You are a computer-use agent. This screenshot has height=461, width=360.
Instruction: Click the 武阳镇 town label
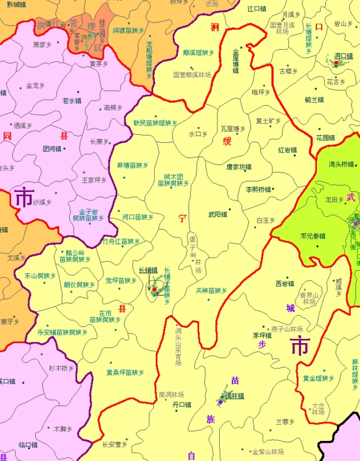tap(217, 214)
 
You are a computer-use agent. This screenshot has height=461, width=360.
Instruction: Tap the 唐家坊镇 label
tap(239, 166)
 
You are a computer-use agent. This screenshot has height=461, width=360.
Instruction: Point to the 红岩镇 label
tap(287, 150)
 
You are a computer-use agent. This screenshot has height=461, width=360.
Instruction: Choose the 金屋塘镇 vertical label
tap(236, 61)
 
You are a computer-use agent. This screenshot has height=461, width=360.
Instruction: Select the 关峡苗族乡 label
tap(211, 291)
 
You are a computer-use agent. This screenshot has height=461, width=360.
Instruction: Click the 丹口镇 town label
tap(182, 404)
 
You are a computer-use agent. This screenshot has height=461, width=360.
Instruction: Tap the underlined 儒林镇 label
tap(234, 396)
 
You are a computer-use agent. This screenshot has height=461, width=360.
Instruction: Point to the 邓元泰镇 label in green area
tap(313, 236)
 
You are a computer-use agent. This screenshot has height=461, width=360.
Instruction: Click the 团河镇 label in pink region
tap(52, 148)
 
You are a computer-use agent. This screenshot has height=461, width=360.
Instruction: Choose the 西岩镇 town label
tap(285, 283)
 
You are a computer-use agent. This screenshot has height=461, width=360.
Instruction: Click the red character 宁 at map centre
tap(182, 219)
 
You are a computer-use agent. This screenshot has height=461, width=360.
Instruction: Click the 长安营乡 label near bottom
tap(115, 444)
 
